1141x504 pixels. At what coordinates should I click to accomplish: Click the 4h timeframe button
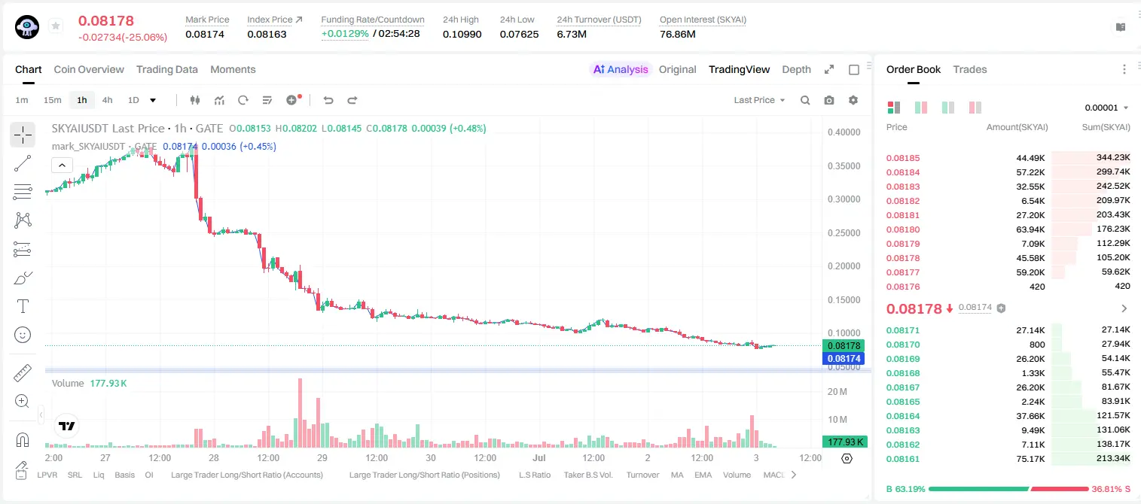click(x=107, y=100)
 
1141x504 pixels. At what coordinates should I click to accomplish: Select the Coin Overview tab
click(x=89, y=69)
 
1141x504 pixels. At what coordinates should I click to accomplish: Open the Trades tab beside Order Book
click(x=970, y=69)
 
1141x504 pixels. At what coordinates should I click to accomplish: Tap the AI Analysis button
click(x=621, y=69)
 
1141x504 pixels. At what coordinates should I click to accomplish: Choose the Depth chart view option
click(x=796, y=69)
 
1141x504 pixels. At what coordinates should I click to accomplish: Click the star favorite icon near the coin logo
click(x=56, y=26)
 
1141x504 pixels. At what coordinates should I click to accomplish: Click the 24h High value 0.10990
click(x=462, y=34)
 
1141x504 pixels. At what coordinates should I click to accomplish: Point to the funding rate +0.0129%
click(x=345, y=34)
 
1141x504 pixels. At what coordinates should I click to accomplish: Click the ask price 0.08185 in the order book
click(x=902, y=158)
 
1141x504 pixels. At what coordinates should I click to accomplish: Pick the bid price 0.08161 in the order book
click(x=902, y=459)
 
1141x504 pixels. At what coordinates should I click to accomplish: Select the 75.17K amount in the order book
click(x=1030, y=459)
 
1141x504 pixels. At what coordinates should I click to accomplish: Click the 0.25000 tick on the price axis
click(x=844, y=233)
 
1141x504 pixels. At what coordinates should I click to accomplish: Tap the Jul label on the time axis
click(x=539, y=457)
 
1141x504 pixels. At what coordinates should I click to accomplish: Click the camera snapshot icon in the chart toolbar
click(x=829, y=100)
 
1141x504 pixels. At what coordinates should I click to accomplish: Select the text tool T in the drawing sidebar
click(x=23, y=306)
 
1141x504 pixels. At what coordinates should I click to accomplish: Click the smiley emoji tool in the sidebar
click(x=23, y=335)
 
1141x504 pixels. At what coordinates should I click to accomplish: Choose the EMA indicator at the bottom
click(x=703, y=475)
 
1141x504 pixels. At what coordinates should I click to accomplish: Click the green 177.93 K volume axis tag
click(x=844, y=442)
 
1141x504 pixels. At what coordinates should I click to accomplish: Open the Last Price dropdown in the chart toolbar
click(x=759, y=100)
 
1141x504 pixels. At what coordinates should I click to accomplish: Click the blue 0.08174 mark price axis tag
click(x=844, y=359)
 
